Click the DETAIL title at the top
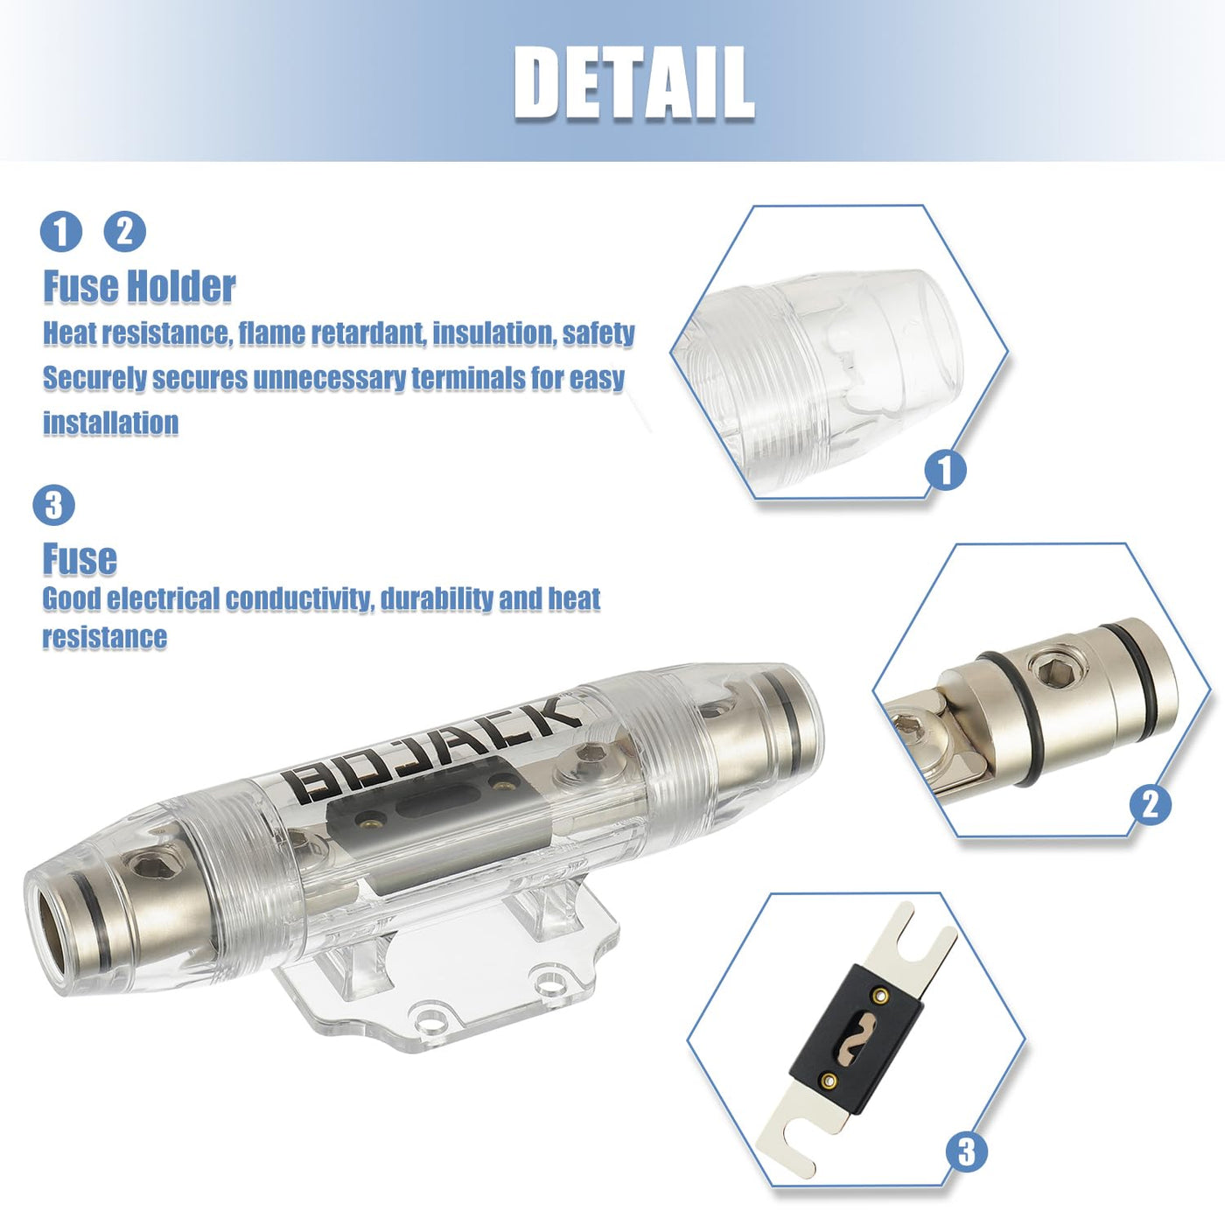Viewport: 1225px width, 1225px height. [x=633, y=83]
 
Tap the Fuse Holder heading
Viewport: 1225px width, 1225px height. [x=139, y=286]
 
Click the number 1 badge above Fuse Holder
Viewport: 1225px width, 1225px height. [x=61, y=231]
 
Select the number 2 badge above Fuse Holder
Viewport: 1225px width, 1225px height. [x=124, y=231]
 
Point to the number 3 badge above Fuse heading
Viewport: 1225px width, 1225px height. [x=54, y=506]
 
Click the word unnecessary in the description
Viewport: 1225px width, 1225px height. [x=329, y=378]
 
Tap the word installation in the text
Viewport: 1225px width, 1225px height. [x=110, y=423]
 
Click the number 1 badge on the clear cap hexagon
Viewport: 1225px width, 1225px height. [x=945, y=470]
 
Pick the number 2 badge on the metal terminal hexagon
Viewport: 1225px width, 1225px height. [x=1151, y=805]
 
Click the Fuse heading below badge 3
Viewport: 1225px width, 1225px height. [x=80, y=559]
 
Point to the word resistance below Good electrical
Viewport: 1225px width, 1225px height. [x=105, y=636]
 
